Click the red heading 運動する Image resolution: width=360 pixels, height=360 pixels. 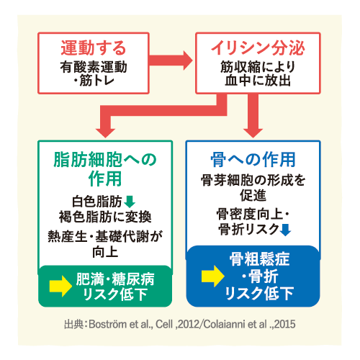coord(94,48)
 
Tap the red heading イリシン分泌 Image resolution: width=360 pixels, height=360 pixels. coord(258,48)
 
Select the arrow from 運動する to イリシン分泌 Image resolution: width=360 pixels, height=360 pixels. coord(171,60)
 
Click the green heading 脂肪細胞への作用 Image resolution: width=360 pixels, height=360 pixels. coord(105,169)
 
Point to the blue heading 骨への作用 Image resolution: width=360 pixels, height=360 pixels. coord(253,160)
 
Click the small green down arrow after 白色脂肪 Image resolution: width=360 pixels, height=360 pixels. coord(130,202)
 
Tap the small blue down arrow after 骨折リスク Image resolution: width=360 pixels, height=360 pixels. coord(285,230)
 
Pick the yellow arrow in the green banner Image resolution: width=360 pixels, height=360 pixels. coord(60,286)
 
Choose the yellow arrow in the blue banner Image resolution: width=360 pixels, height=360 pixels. coord(213,276)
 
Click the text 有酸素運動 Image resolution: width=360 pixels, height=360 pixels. coord(94,67)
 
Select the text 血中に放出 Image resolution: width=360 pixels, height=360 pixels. coord(258,81)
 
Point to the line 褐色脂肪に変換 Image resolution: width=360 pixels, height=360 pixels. coord(105,217)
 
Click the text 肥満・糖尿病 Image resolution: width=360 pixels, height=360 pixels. coord(115,279)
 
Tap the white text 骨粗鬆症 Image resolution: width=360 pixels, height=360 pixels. coord(259,259)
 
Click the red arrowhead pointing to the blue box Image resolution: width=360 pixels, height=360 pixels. coord(253,132)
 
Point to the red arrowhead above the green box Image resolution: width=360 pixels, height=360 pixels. coord(105,132)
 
